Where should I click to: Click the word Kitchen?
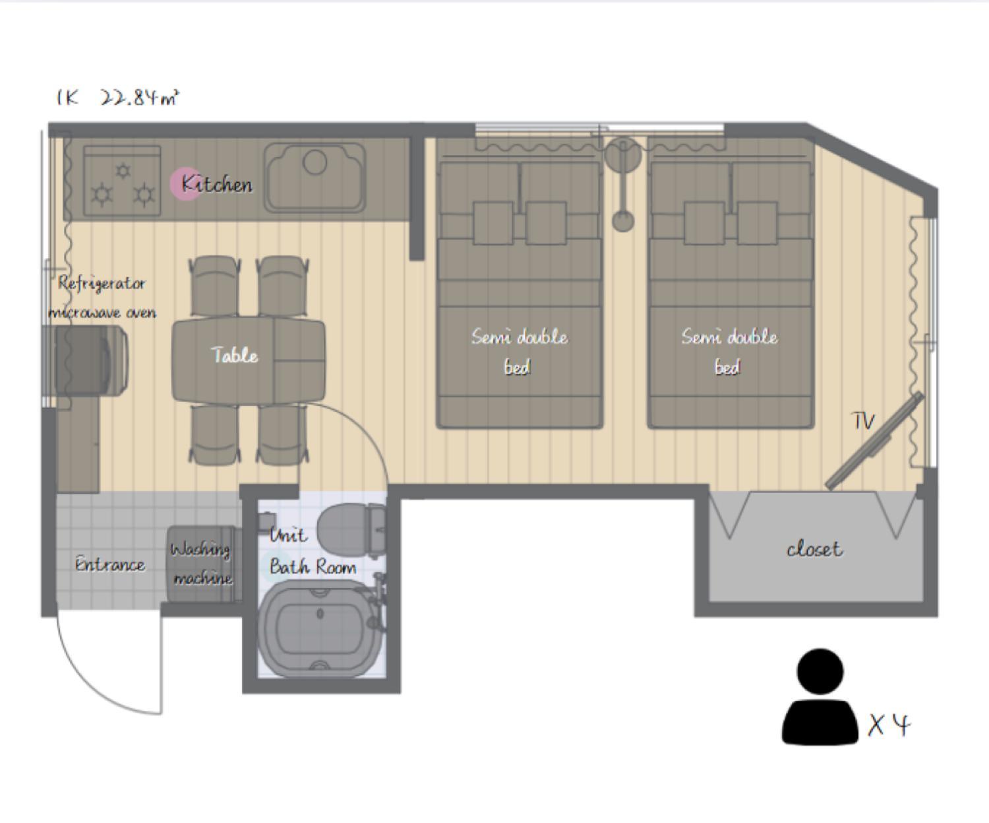(x=217, y=184)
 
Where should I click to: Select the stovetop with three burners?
(x=122, y=181)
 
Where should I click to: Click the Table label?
(x=235, y=355)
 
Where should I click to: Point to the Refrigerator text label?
(x=102, y=284)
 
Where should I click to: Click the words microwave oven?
(x=102, y=312)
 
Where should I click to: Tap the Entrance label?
(x=110, y=564)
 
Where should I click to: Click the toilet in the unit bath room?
(x=351, y=529)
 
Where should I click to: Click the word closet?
(x=815, y=550)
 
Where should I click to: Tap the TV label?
(x=863, y=421)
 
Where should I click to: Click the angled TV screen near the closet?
(x=874, y=441)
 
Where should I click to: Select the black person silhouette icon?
(x=820, y=696)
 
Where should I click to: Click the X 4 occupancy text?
(x=889, y=725)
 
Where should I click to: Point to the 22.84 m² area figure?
(x=139, y=98)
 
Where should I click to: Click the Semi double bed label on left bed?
(x=519, y=352)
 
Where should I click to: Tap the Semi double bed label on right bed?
(x=729, y=352)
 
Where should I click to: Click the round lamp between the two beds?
(x=623, y=154)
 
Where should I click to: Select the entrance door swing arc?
(x=90, y=688)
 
